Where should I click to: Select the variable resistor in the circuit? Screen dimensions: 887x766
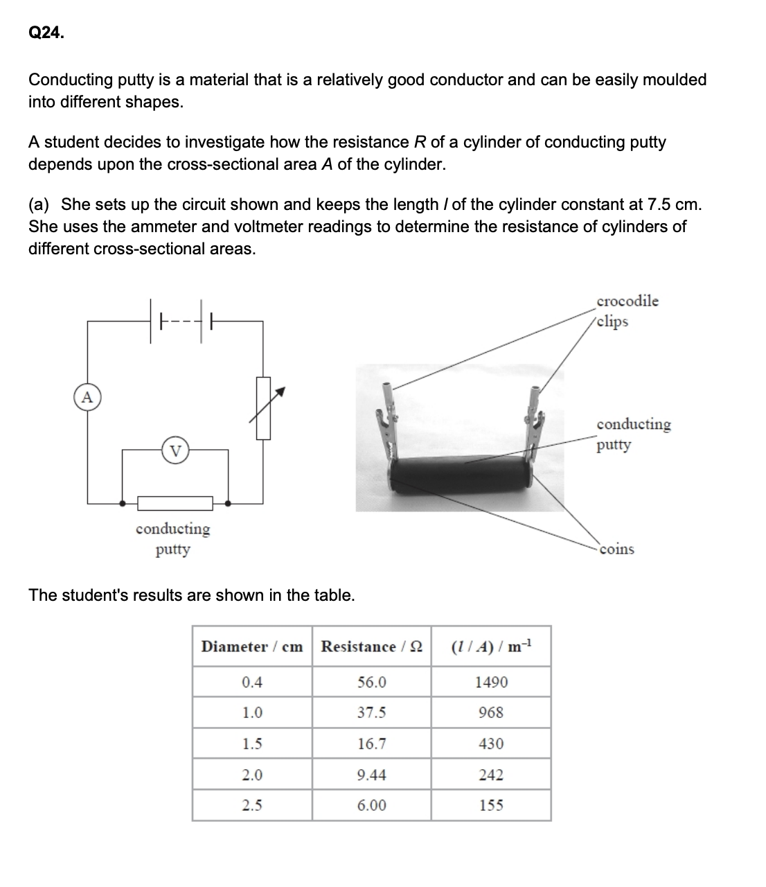click(x=263, y=407)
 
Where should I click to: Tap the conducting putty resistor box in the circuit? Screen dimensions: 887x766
click(x=175, y=502)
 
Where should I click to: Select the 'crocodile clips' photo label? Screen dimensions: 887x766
click(x=627, y=311)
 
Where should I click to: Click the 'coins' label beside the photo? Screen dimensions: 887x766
click(x=616, y=550)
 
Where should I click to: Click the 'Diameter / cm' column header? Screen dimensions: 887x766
click(x=252, y=647)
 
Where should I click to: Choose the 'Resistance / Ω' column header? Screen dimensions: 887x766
click(x=372, y=647)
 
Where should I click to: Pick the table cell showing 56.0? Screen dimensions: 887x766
click(x=372, y=682)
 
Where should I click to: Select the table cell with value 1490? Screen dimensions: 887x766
click(x=491, y=682)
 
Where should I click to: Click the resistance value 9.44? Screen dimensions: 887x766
click(x=372, y=775)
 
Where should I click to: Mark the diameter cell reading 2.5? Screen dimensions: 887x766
click(x=252, y=805)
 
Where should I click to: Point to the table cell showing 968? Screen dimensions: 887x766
click(x=491, y=712)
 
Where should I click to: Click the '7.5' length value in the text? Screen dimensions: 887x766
click(x=658, y=204)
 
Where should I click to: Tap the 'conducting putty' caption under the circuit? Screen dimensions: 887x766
click(x=172, y=539)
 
